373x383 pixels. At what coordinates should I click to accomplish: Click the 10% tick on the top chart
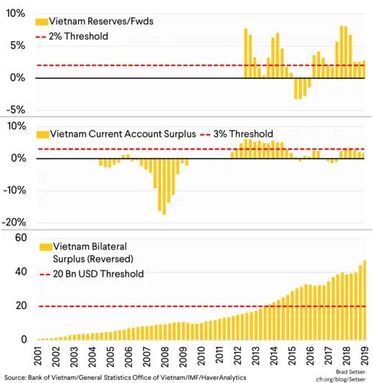(x=15, y=14)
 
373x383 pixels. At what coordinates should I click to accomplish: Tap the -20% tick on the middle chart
(x=14, y=222)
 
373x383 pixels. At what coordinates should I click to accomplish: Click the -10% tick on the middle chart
(x=14, y=190)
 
